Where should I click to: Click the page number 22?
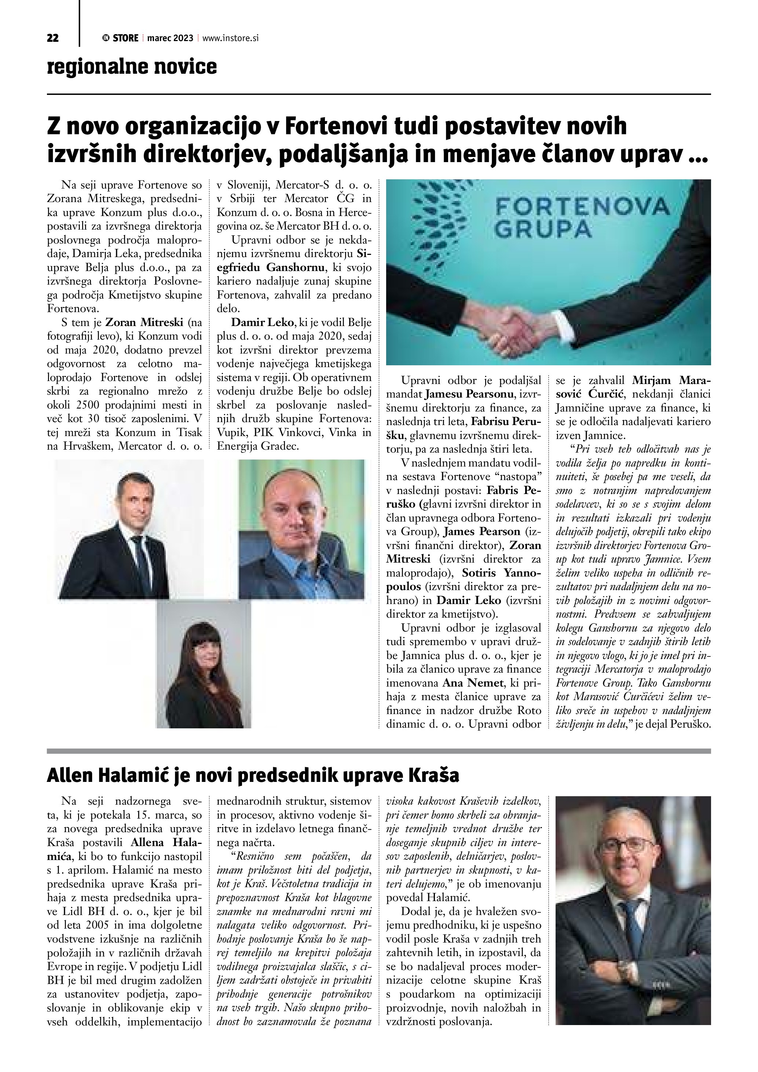coord(53,38)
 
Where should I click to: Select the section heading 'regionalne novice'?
coord(132,66)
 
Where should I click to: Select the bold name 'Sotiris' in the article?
coord(484,572)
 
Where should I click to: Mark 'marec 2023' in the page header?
coord(170,38)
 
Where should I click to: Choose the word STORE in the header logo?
coord(125,38)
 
